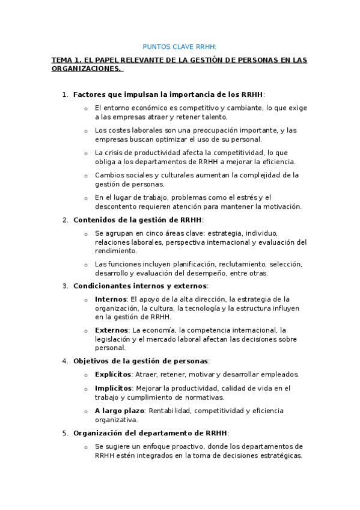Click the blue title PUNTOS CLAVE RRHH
(x=180, y=46)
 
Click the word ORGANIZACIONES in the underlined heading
(x=85, y=69)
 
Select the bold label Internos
(x=111, y=299)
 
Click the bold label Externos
(x=111, y=330)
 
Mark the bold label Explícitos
(x=113, y=374)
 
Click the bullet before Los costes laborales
(x=86, y=131)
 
